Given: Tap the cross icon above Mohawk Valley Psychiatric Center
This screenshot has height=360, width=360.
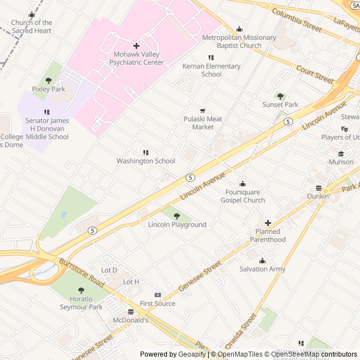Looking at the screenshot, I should [x=136, y=46].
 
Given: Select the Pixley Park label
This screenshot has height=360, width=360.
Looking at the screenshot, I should [x=48, y=89].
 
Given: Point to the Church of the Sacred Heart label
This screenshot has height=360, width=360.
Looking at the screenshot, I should [x=31, y=26].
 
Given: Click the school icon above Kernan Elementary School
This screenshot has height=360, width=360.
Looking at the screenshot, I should [x=211, y=57].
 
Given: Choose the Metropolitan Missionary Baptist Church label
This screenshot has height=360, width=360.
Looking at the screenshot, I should [x=239, y=42].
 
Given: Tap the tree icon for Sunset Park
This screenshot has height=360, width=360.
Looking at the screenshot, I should [x=280, y=96].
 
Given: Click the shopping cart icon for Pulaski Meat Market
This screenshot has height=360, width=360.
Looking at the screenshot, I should [x=203, y=110].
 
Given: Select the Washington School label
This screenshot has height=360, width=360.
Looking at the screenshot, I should [x=146, y=161].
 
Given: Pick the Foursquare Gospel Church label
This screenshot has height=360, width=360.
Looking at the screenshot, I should [x=242, y=196].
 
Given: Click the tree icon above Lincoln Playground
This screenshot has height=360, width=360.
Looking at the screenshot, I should [x=177, y=216].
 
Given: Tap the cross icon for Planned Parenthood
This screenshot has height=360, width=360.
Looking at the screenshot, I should [x=268, y=223].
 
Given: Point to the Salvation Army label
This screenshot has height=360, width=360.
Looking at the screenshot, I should [x=262, y=269].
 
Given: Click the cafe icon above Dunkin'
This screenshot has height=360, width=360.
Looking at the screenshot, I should [x=318, y=188].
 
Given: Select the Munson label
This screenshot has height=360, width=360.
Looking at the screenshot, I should [x=341, y=162].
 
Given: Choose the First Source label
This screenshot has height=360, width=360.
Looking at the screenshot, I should [x=157, y=304].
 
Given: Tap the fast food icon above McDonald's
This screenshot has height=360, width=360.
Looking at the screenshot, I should [x=130, y=312].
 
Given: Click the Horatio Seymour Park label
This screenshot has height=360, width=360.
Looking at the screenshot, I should [x=81, y=303].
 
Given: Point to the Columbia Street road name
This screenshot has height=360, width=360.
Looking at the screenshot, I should [x=296, y=20].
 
